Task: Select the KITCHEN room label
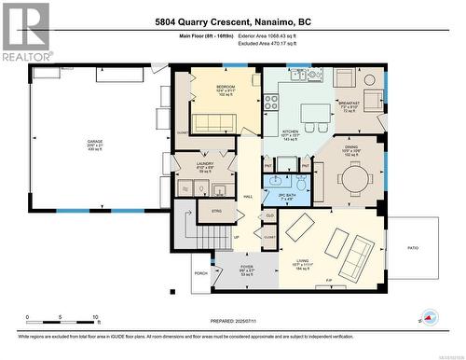point(291,132)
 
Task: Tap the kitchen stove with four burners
point(272,103)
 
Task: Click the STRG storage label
point(215,212)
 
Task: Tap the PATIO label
point(413,247)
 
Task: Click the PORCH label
point(200,274)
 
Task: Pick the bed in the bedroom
point(213,122)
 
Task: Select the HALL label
point(248,197)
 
